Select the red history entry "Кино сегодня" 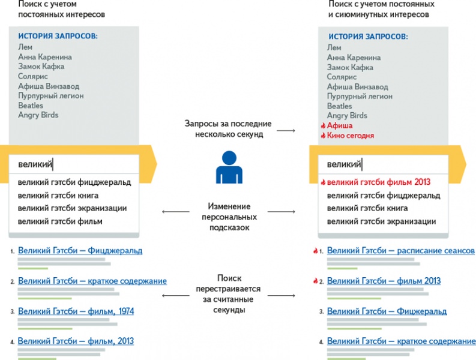pos(351,136)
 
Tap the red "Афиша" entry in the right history pos(340,126)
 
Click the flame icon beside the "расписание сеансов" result pos(315,250)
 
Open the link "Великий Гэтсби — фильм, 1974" pos(76,311)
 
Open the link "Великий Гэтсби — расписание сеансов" pos(400,250)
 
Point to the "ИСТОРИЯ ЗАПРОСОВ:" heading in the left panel pos(58,37)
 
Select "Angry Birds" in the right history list pos(347,115)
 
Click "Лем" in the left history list pos(25,47)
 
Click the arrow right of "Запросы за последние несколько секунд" pos(289,130)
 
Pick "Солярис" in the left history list pos(33,76)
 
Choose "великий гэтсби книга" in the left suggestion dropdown pos(58,195)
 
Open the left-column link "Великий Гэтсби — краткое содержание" pos(92,281)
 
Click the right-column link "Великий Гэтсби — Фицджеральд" pos(387,311)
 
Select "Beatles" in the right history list pos(340,106)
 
